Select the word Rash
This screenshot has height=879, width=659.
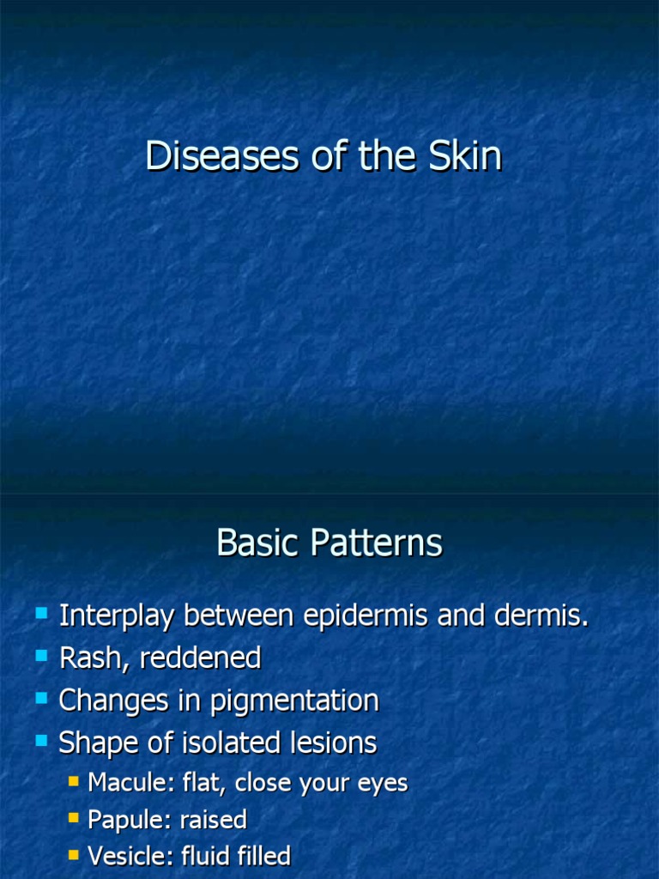point(88,658)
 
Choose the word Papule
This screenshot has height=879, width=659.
point(121,820)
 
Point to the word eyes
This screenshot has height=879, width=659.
point(383,784)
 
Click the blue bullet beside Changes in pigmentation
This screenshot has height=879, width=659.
point(41,698)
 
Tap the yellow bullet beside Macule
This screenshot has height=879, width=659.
point(74,781)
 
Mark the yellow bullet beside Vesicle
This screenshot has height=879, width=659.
point(74,854)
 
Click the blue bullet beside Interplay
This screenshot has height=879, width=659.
point(41,613)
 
